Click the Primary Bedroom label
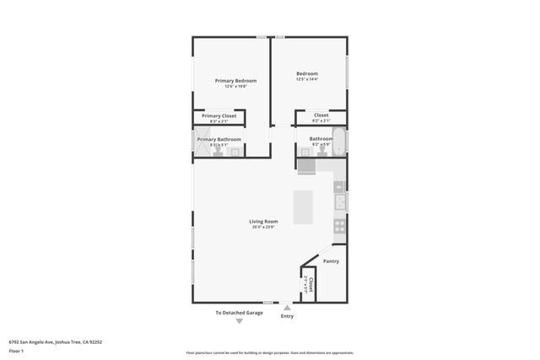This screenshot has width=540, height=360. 235,81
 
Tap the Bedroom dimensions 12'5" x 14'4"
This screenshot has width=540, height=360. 306,79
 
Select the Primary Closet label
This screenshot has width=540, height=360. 219,116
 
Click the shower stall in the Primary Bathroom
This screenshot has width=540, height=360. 202,144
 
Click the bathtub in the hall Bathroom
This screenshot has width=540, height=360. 339,142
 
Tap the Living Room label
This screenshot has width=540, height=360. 263,221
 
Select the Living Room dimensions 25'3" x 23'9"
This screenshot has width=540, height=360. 263,227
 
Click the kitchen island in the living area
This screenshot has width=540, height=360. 303,207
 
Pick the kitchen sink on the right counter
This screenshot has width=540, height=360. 340,202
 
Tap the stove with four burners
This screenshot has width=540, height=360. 340,226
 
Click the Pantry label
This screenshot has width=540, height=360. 331,261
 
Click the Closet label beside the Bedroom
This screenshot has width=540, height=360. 321,116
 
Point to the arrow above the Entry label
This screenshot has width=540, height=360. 287,308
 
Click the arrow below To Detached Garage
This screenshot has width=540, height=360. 239,321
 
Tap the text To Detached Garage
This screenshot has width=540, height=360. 239,313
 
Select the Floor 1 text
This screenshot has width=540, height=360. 16,351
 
